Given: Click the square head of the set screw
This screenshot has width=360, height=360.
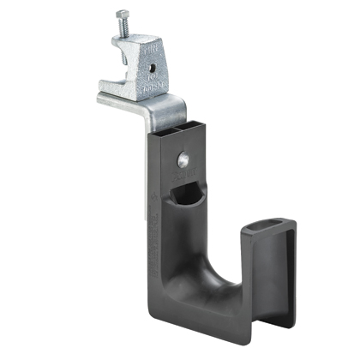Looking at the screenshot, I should [121, 15].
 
